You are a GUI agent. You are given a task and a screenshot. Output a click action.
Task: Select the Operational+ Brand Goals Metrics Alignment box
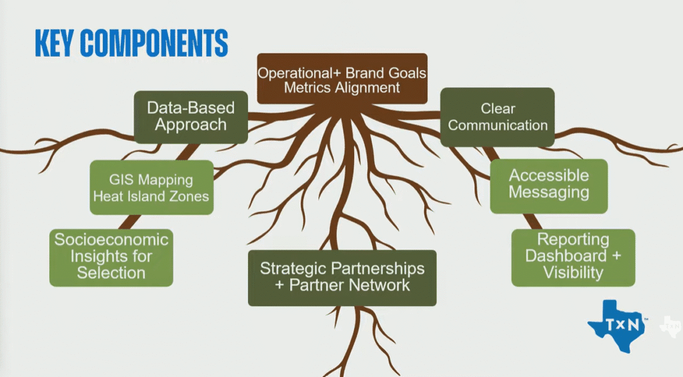(342, 79)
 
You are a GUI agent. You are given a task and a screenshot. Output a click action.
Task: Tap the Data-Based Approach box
(191, 116)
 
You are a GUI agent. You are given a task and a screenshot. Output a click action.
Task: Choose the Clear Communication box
(497, 116)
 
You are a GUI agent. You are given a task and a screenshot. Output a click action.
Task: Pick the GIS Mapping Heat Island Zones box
(151, 188)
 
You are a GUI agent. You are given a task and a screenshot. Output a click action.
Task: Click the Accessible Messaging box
(548, 184)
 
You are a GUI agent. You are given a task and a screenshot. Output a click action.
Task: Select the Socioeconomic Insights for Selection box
(111, 256)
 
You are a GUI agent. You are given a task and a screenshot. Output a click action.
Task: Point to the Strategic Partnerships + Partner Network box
(342, 277)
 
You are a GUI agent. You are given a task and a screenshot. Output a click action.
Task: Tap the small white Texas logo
(670, 325)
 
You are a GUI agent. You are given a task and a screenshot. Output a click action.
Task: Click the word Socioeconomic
(111, 240)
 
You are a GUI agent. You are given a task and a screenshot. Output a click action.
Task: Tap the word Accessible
(548, 176)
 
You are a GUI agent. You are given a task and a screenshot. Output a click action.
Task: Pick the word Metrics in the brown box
(311, 87)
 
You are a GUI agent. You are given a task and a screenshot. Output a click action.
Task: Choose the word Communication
(497, 125)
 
